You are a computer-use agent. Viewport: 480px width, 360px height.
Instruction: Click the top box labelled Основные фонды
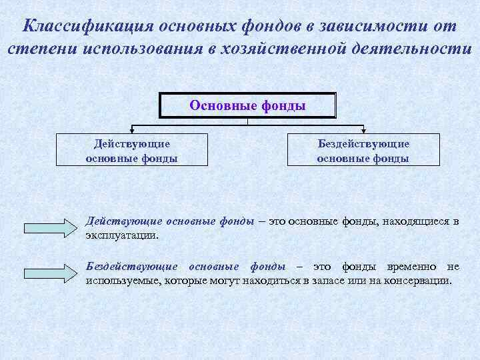pyautogui.click(x=247, y=105)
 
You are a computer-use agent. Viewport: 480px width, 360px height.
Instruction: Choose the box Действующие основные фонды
pyautogui.click(x=131, y=151)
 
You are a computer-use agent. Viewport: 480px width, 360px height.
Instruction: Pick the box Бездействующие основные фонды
pyautogui.click(x=363, y=151)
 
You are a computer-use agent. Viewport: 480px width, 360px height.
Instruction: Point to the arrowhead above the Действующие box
pyautogui.click(x=132, y=129)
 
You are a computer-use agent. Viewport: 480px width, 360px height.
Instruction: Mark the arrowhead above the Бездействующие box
pyautogui.click(x=363, y=129)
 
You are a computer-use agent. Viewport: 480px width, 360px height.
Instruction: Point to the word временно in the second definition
pyautogui.click(x=403, y=267)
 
